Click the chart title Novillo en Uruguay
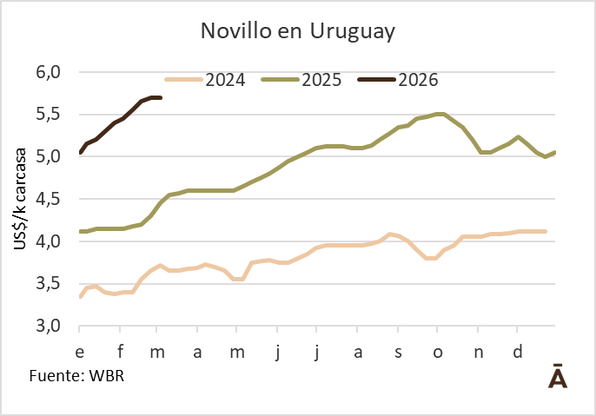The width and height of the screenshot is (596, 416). click(x=298, y=31)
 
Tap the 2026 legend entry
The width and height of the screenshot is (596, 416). click(x=418, y=80)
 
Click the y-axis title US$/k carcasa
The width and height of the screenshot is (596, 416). click(x=20, y=199)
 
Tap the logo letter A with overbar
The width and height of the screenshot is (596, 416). click(x=558, y=377)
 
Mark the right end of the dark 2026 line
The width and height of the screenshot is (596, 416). click(x=161, y=97)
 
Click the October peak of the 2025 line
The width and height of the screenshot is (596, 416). click(x=439, y=114)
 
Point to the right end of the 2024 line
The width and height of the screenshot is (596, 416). click(x=545, y=231)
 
